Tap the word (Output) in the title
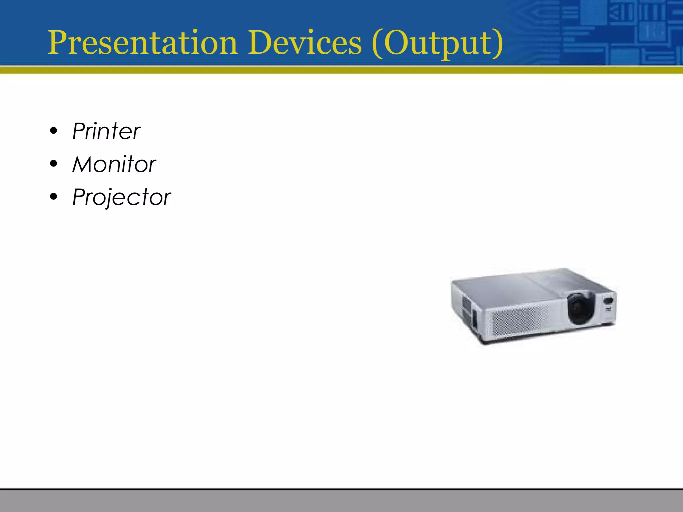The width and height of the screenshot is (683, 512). (x=437, y=43)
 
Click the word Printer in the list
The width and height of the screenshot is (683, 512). (x=106, y=131)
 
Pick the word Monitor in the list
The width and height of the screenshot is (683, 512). (x=114, y=164)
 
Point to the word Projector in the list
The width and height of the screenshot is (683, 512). (x=121, y=197)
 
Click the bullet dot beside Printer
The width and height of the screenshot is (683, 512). (x=53, y=131)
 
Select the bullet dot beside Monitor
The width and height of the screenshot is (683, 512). (x=53, y=164)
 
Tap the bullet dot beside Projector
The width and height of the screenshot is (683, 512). (x=53, y=197)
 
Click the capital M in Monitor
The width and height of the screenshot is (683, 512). (x=83, y=164)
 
